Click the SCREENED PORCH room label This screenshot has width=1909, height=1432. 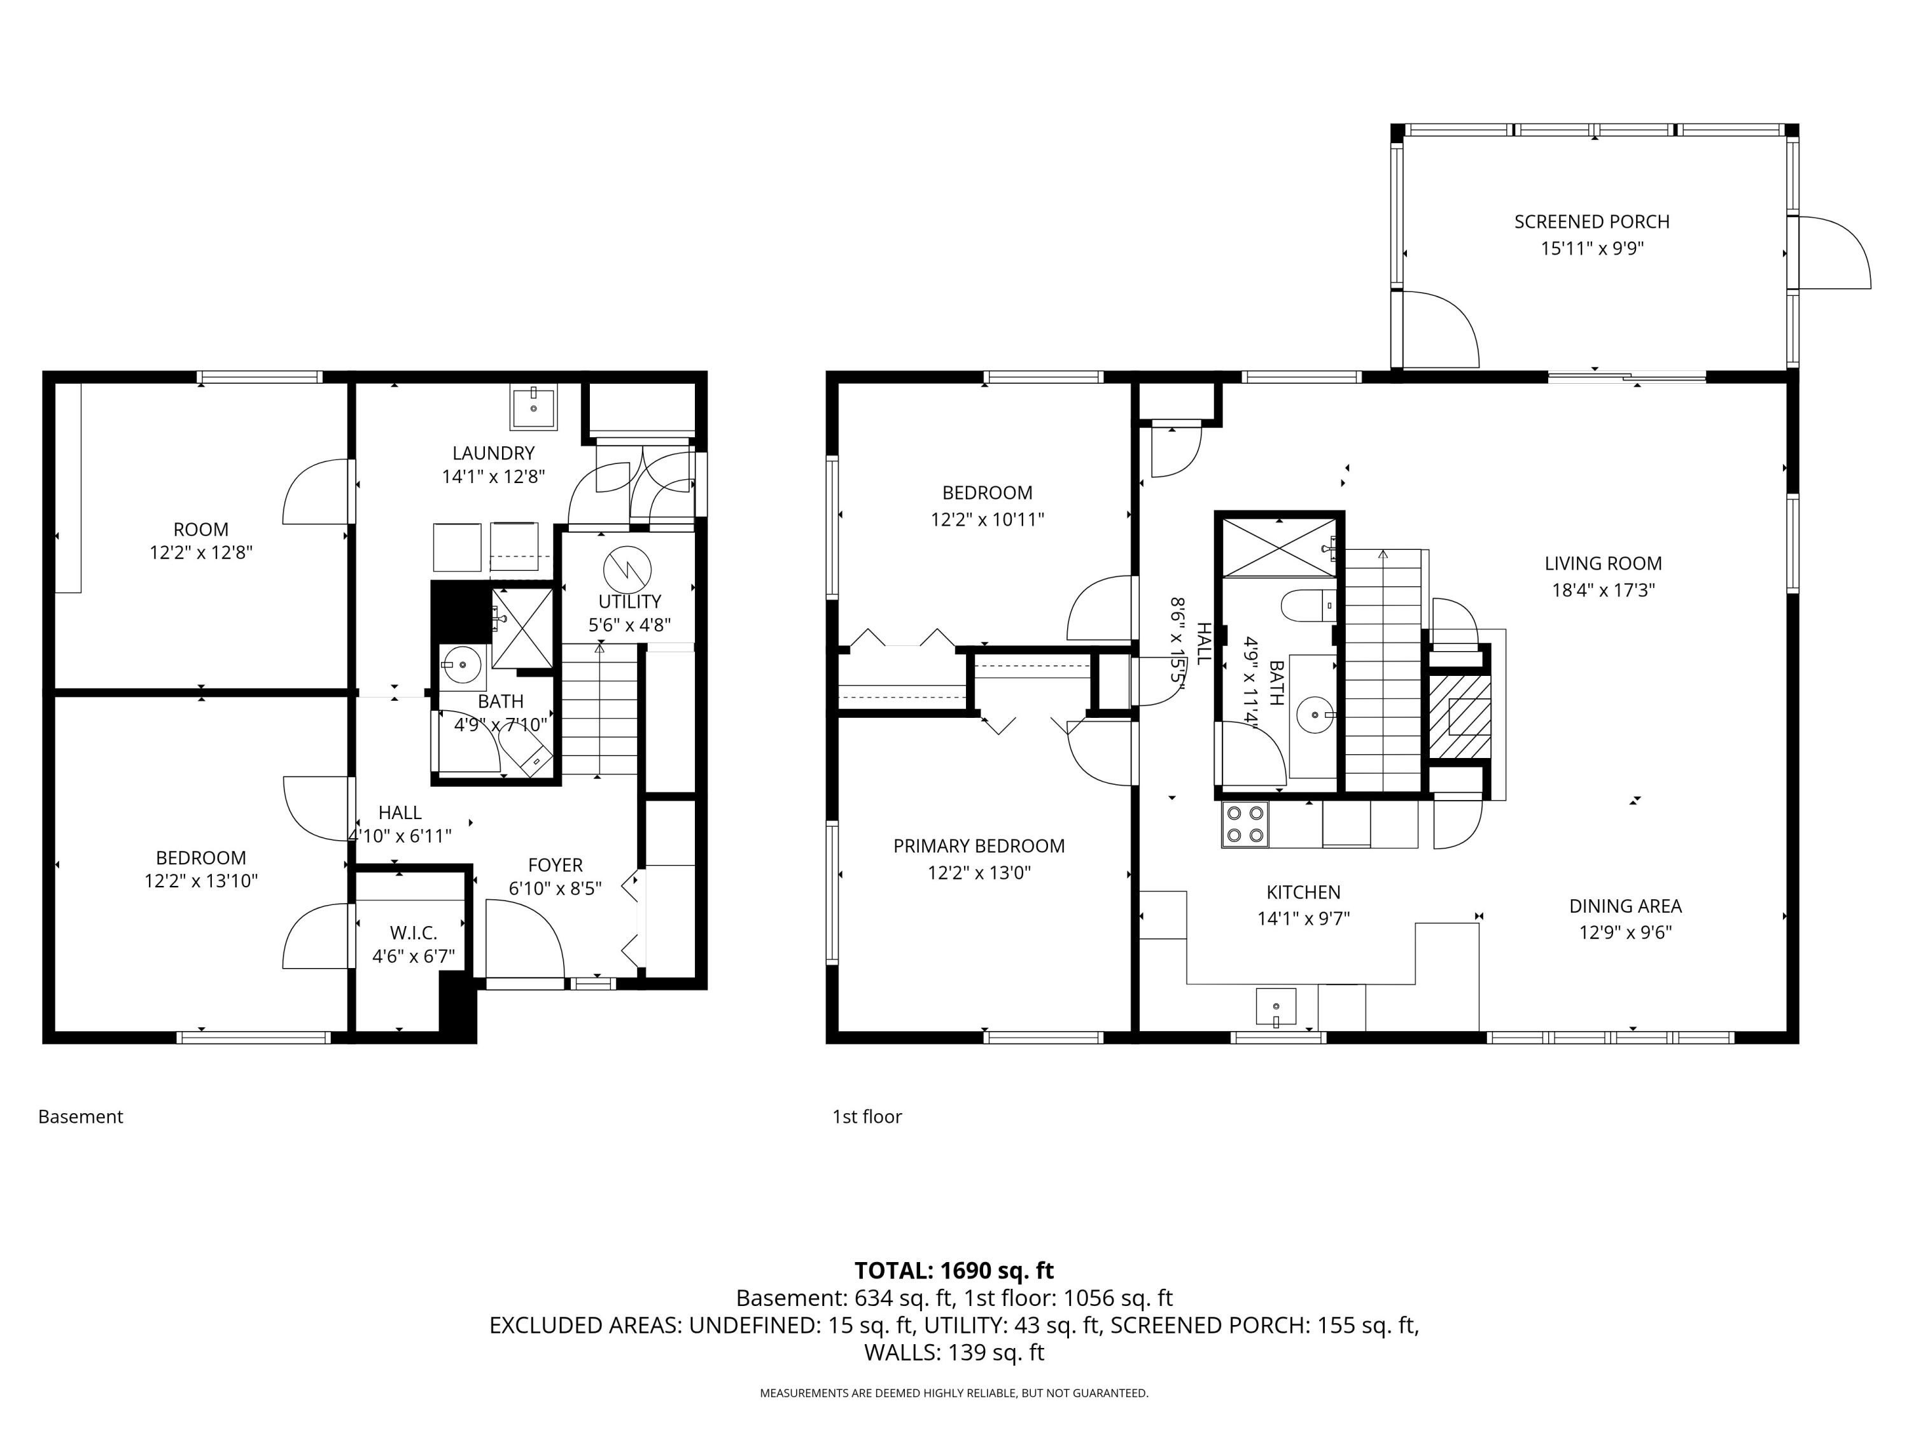point(1591,222)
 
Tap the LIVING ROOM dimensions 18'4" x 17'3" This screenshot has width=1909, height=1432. point(1603,591)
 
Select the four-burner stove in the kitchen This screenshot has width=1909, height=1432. point(1245,824)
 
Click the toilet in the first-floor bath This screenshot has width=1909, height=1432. point(1308,606)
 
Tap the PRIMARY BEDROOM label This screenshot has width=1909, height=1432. point(979,846)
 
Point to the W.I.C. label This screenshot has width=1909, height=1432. point(414,933)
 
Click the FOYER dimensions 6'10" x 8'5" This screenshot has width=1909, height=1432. point(555,888)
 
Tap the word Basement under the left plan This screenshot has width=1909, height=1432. point(80,1117)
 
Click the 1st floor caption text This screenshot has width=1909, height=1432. point(867,1117)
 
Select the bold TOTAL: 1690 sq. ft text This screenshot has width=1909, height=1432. point(954,1270)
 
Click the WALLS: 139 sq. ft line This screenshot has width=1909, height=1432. point(954,1352)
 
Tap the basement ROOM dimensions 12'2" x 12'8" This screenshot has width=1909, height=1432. point(201,552)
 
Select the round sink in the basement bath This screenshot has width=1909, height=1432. point(463,664)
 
